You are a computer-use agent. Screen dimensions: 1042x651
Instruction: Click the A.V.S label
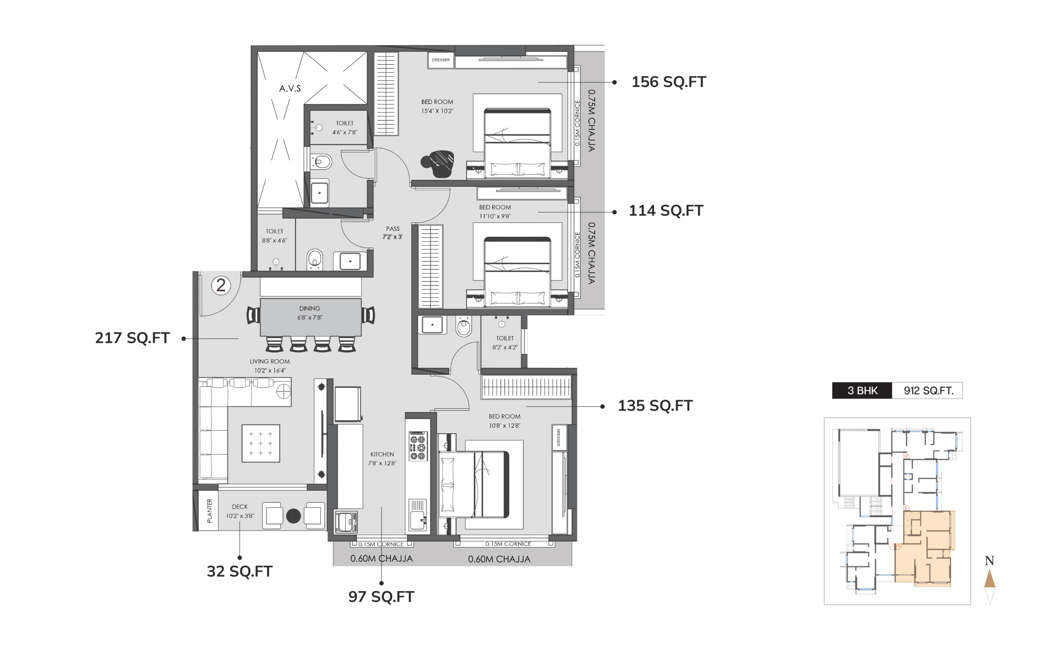coord(290,88)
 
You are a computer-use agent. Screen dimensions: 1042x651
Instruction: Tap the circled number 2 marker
coord(221,285)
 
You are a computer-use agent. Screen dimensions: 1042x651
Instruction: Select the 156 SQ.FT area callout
coord(668,82)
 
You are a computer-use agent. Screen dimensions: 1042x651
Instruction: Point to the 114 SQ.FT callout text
coord(665,210)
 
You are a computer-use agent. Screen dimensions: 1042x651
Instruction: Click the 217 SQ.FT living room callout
coord(132,338)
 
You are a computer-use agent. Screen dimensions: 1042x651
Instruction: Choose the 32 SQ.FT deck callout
coord(239,571)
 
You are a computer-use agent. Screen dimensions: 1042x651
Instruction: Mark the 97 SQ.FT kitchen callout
coord(381,597)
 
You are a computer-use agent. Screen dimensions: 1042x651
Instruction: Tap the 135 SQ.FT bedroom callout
coord(655,406)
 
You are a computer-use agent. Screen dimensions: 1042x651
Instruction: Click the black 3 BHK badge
coord(862,391)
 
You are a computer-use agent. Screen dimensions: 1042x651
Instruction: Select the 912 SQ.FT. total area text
coord(928,391)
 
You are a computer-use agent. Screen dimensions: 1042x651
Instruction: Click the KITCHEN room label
coord(382,454)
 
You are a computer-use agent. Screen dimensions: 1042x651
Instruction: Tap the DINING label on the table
coord(310,308)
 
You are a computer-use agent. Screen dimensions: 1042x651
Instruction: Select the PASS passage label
coord(393,229)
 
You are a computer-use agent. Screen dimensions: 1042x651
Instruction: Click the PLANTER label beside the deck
coord(209,511)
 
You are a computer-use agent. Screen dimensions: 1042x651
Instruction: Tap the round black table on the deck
coord(293,516)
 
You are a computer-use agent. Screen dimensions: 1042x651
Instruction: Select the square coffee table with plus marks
coord(260,443)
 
